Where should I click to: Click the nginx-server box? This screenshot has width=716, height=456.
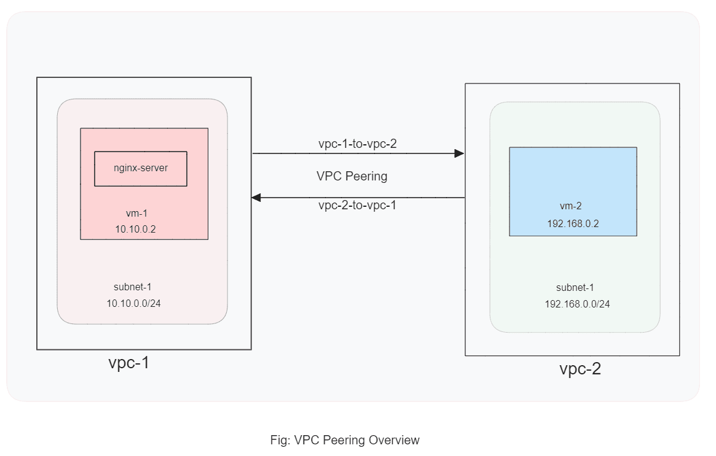tap(141, 169)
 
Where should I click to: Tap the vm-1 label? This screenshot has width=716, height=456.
tap(136, 214)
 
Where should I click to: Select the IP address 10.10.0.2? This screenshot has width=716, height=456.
tap(135, 229)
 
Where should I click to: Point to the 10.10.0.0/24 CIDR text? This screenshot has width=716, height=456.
tap(134, 303)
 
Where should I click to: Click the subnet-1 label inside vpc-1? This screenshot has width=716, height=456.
tap(132, 287)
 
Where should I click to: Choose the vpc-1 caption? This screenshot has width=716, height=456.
tap(129, 363)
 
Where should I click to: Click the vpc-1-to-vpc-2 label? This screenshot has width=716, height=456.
tap(358, 144)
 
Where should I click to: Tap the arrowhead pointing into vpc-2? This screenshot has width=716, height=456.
tap(459, 153)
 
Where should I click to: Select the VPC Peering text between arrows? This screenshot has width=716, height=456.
tap(352, 176)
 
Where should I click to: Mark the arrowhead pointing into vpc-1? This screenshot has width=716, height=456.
tap(256, 198)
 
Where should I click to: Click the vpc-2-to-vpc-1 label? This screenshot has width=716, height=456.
tap(357, 205)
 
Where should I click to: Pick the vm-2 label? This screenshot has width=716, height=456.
tap(571, 206)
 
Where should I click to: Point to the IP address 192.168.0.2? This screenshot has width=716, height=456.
tap(573, 223)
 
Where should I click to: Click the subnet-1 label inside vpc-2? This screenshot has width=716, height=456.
tap(575, 287)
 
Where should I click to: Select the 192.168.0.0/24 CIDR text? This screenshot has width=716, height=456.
tap(577, 304)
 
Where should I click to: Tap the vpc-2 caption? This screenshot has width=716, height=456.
tap(580, 368)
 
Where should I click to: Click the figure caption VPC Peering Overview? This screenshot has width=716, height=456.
tap(345, 440)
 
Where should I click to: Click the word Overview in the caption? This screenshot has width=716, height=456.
tap(394, 440)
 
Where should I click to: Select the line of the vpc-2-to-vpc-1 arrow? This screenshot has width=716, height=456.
tap(358, 198)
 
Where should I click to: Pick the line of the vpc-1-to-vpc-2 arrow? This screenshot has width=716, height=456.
tap(358, 153)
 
